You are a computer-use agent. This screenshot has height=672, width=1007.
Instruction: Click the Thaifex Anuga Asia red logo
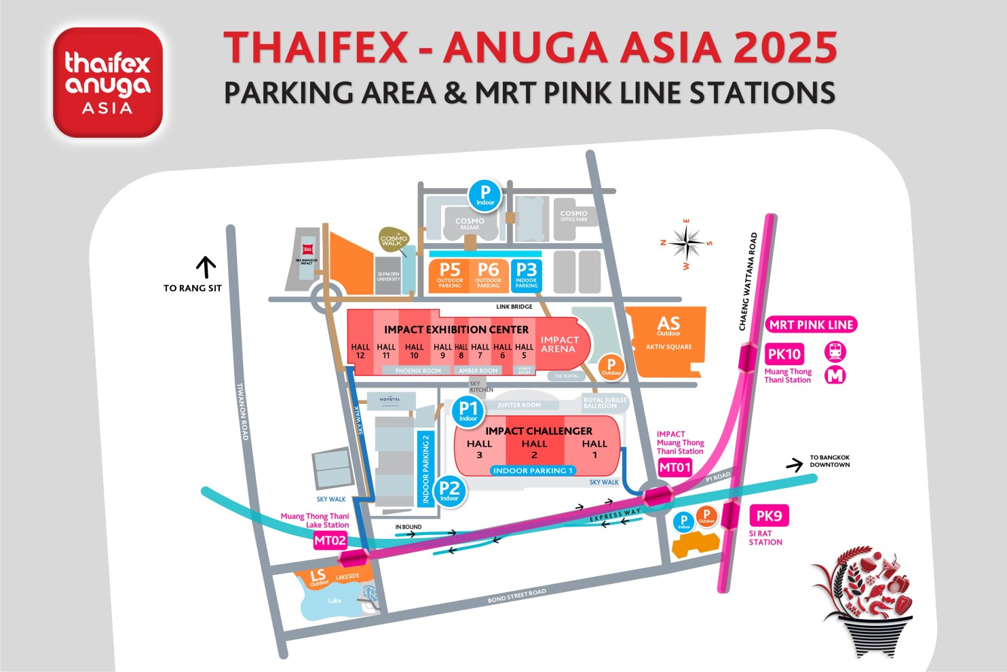point(108,82)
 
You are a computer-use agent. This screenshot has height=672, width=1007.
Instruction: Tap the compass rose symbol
point(687,243)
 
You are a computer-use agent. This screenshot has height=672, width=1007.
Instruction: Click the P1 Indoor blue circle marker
point(468,411)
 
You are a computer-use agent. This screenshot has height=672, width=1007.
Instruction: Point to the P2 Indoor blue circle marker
point(449,490)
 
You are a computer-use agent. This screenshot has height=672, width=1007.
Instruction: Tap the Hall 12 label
point(360,351)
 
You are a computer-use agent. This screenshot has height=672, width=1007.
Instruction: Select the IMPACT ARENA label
point(559,344)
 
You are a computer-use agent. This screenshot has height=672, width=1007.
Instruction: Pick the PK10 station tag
point(784,354)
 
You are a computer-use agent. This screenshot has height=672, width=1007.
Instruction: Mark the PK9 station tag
point(769,516)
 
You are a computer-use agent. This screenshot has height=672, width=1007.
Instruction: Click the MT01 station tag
point(675,467)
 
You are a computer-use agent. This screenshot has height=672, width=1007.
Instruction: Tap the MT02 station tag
point(330,540)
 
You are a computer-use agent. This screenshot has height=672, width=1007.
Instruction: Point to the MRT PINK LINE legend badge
point(811,324)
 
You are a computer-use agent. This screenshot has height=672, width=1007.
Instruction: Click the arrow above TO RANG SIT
point(206,267)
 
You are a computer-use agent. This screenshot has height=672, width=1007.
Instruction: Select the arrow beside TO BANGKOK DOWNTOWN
point(794,465)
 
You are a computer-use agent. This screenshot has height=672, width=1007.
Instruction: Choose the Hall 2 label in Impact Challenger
point(534,449)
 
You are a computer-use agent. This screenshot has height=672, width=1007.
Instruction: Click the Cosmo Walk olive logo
point(394,240)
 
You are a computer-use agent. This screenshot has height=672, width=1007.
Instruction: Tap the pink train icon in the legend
point(835,352)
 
